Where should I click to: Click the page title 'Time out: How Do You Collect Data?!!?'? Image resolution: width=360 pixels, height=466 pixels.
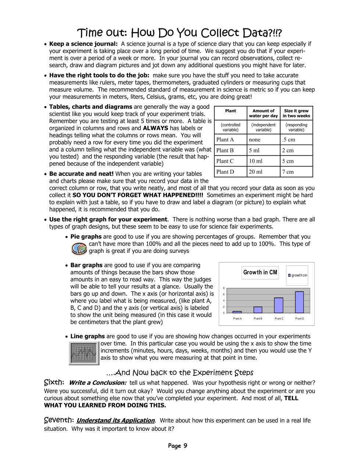tap(179, 33)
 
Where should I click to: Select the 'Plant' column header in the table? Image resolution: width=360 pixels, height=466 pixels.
tap(231, 111)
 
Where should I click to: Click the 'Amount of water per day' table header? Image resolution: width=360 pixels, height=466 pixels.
tap(263, 113)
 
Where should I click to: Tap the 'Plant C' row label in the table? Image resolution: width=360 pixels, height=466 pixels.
tap(225, 161)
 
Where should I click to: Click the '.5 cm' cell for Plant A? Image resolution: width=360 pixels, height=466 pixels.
tap(289, 140)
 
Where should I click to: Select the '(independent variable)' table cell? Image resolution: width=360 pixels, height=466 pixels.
tap(263, 127)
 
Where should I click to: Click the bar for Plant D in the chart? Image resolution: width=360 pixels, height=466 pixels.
tap(299, 302)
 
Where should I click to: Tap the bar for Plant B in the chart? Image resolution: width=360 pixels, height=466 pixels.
tap(258, 310)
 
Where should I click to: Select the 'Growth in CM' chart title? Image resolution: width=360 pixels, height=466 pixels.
tap(260, 272)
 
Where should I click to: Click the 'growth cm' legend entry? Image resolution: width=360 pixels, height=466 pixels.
tap(297, 275)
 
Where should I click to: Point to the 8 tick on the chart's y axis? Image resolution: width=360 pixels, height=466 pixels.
tap(224, 288)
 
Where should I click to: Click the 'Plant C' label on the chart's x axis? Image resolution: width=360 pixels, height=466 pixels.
tap(279, 319)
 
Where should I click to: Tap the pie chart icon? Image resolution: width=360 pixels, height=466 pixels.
tap(79, 248)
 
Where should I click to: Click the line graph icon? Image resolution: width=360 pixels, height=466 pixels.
tap(84, 353)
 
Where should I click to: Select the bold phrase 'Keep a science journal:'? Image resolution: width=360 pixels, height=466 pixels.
tap(83, 44)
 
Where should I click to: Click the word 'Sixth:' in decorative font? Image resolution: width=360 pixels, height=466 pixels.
tap(54, 382)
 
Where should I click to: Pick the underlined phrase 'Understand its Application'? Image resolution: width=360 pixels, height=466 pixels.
tap(115, 420)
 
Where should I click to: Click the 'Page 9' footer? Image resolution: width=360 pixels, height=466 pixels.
tap(178, 446)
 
